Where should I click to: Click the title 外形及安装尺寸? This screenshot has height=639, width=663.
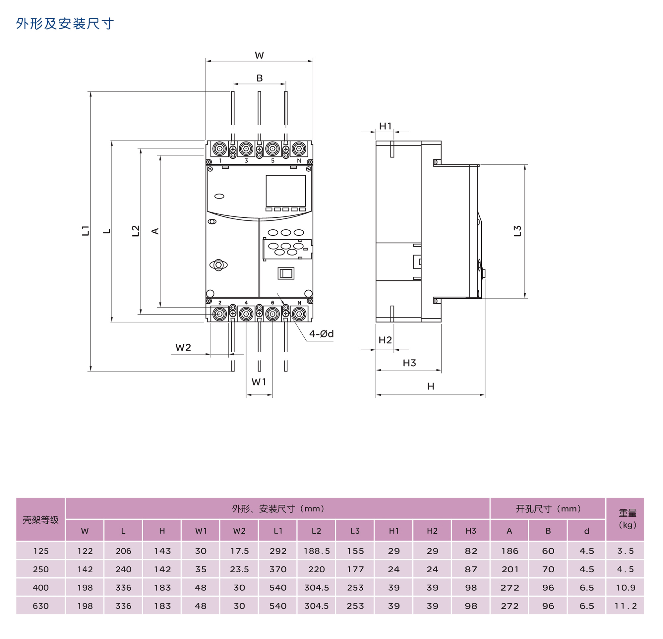65,24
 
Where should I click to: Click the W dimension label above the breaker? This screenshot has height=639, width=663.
259,55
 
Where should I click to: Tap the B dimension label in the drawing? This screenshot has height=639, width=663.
260,78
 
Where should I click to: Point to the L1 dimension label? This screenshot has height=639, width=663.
85,230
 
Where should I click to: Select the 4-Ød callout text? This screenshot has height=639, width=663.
321,334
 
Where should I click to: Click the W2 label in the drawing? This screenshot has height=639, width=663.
183,347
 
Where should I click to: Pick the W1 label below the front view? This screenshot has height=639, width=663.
259,382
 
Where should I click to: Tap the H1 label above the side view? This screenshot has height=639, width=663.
385,126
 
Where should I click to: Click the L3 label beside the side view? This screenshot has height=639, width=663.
517,231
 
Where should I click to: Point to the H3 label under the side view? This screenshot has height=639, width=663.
409,363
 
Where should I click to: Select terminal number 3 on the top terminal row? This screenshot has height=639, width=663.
246,161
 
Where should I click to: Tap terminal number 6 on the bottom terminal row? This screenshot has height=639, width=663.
272,302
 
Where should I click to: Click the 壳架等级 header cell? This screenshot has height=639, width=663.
40,520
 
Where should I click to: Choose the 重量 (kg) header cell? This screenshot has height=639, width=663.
627,519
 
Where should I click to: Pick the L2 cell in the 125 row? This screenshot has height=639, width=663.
316,551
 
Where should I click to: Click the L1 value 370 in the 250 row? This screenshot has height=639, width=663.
278,569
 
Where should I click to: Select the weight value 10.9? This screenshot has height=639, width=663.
626,588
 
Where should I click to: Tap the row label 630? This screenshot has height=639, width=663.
40,606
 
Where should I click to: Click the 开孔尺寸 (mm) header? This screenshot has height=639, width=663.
548,509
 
